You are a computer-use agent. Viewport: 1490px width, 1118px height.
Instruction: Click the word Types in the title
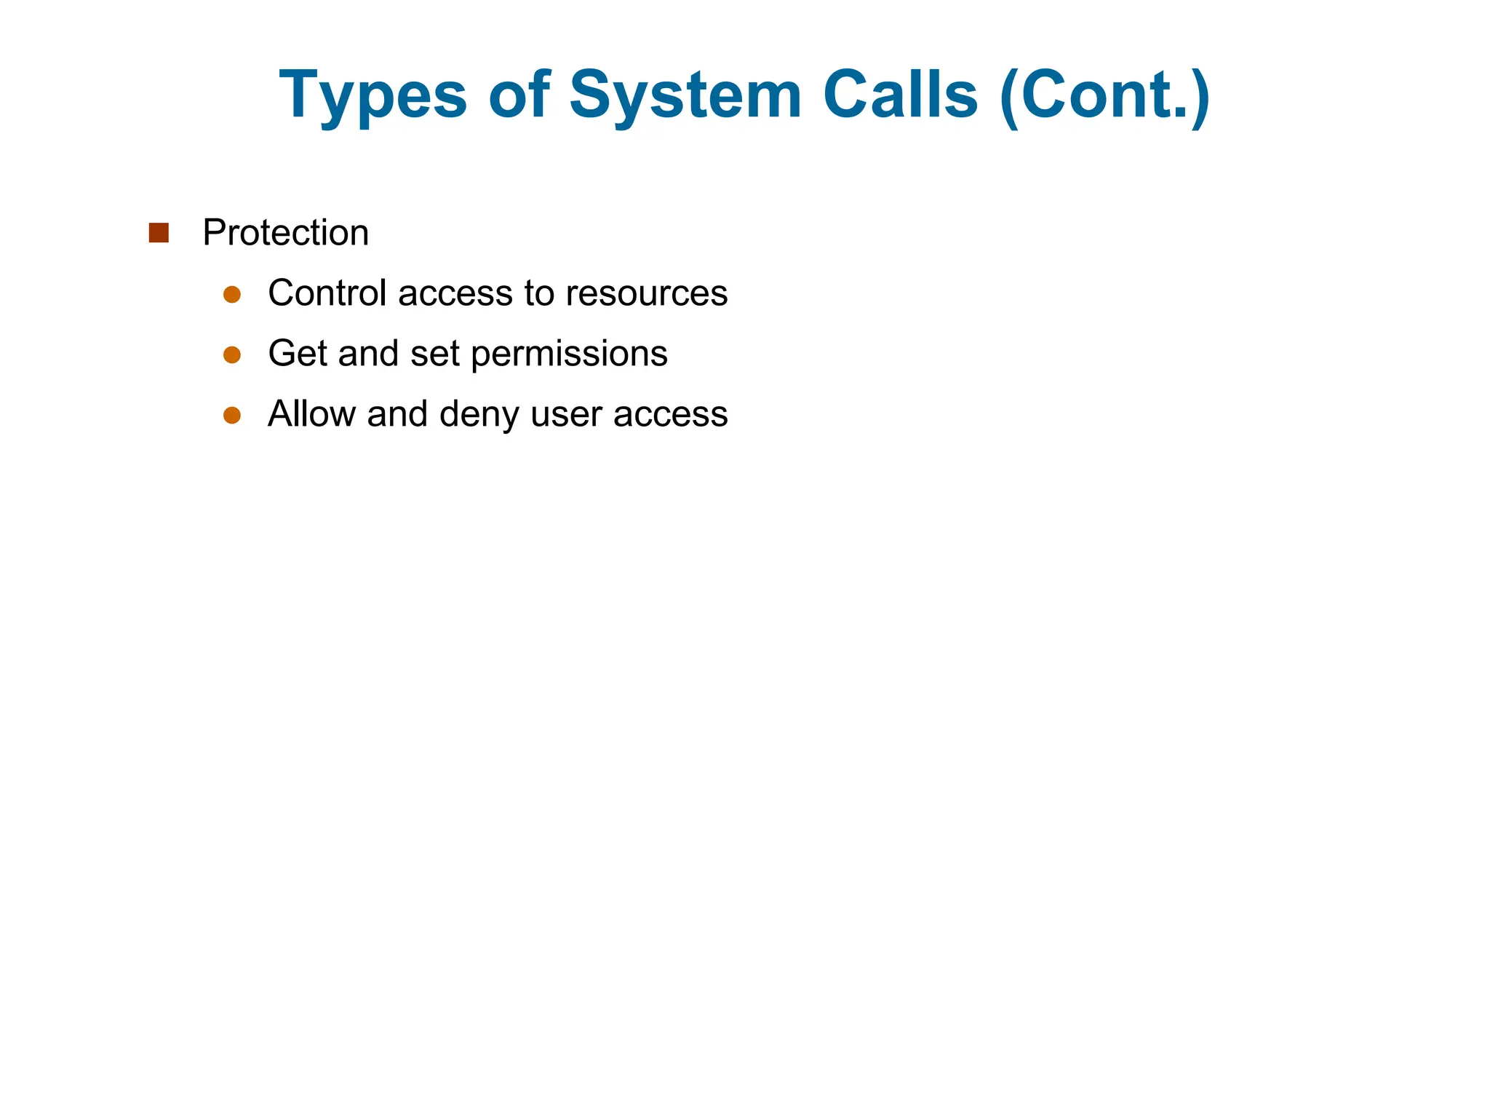372,95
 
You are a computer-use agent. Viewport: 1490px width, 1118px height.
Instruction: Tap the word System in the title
685,95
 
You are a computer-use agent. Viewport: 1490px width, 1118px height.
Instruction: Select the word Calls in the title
901,95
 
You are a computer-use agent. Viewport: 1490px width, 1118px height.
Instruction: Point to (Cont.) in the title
1105,95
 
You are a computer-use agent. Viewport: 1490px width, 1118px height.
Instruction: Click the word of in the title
519,95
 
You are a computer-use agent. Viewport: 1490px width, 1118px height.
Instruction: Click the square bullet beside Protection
159,233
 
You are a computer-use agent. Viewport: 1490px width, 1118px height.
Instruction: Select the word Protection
286,233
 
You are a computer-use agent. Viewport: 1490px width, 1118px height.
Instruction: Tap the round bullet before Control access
232,294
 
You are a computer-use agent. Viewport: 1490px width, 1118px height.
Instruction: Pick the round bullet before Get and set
232,354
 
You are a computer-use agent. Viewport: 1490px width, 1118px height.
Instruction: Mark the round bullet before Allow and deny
232,415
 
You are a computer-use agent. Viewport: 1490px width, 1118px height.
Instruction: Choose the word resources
647,293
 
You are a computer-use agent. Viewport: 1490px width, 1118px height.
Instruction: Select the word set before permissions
434,354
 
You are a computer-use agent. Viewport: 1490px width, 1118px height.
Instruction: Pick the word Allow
311,414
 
